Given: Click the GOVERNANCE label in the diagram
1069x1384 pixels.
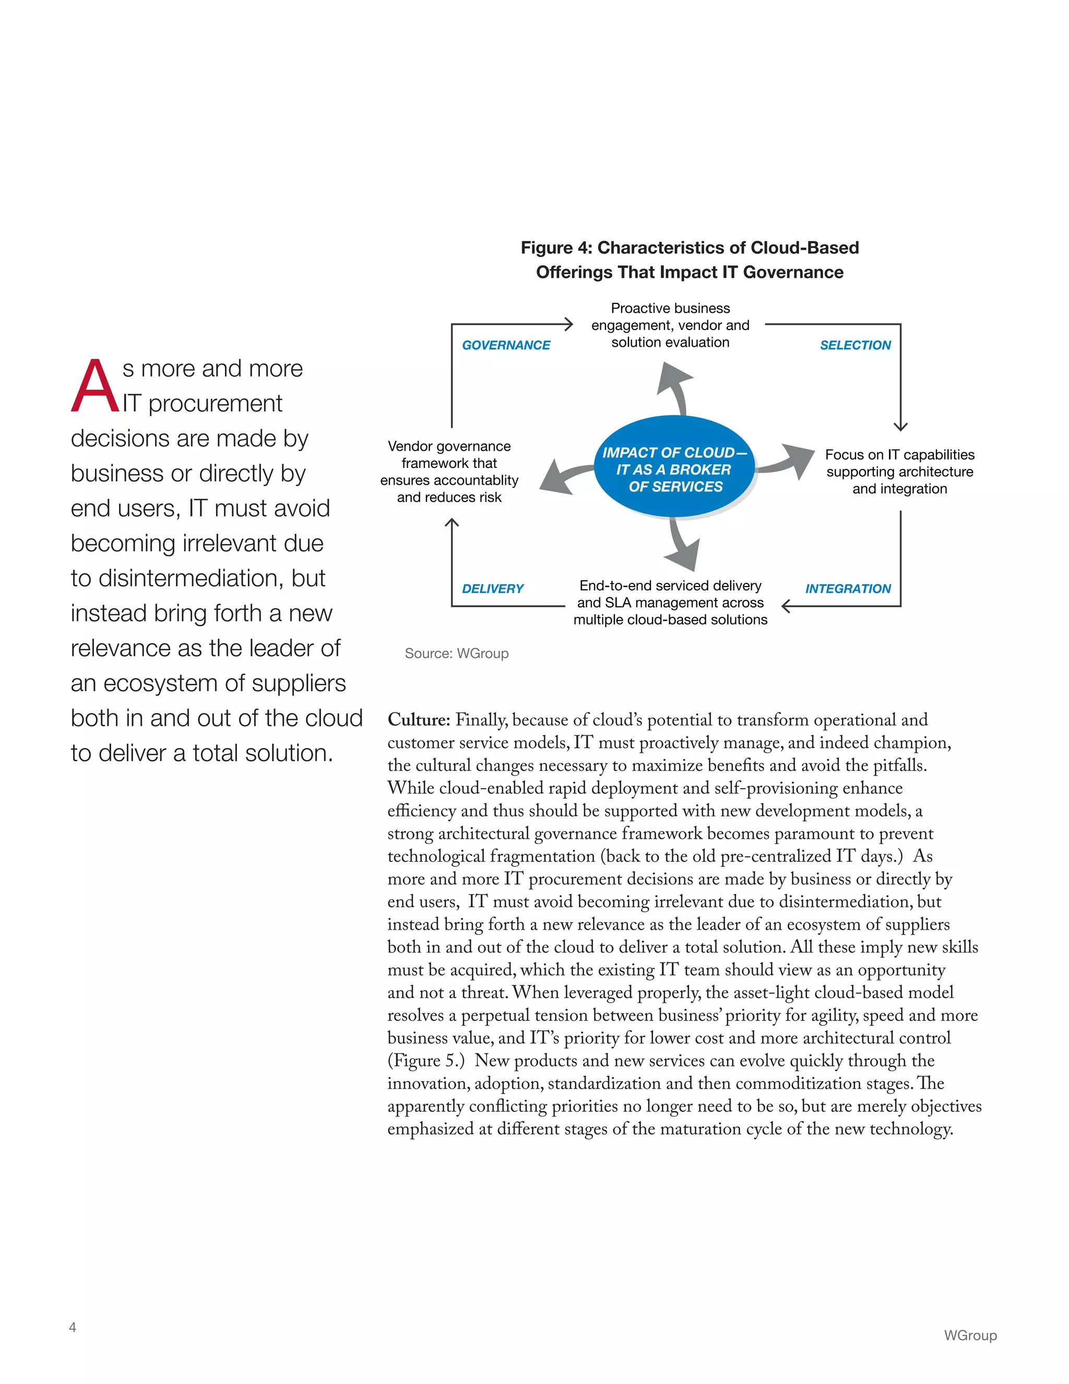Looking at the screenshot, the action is point(505,345).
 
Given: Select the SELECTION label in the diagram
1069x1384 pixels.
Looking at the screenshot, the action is point(854,345).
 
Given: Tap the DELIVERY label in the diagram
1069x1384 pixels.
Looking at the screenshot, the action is point(492,588).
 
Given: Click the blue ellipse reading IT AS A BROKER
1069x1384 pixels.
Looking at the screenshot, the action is point(674,469).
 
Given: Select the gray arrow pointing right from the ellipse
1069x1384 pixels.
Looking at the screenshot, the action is point(789,461).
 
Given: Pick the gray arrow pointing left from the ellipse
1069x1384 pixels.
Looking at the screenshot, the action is point(564,476).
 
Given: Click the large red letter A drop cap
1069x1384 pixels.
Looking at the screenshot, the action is point(94,386).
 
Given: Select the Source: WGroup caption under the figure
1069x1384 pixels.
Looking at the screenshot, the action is point(456,653).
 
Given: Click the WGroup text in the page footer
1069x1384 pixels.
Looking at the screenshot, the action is point(970,1335).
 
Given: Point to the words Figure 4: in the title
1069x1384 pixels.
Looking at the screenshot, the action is point(556,248).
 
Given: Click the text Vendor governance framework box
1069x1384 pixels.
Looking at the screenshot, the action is point(449,472).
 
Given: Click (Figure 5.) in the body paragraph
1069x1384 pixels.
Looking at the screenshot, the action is point(425,1061).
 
